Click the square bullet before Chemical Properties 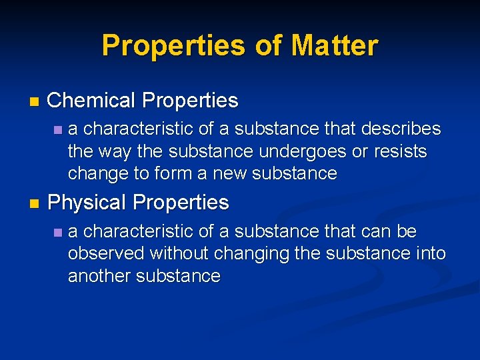click(34, 102)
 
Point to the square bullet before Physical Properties click(34, 203)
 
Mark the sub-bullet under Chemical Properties click(59, 129)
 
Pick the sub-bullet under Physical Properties click(59, 233)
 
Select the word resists click(399, 151)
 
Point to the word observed click(106, 254)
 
